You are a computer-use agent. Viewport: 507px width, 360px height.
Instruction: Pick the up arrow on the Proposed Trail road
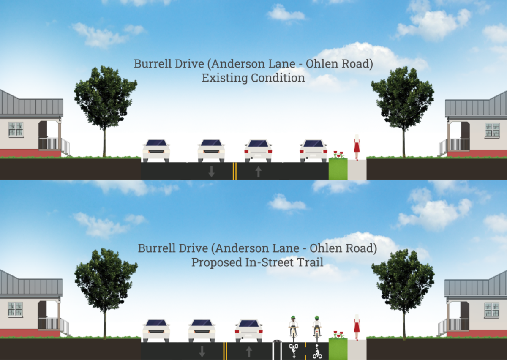point(249,351)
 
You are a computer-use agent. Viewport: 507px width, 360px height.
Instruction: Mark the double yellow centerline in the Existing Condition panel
point(234,171)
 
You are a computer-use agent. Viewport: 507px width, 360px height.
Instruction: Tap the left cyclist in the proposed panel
point(293,326)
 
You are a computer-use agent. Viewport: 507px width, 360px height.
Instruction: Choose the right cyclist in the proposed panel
point(317,326)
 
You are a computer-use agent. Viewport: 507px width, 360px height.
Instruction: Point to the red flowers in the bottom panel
point(338,334)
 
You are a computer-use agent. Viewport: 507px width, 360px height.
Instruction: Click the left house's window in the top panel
point(16,129)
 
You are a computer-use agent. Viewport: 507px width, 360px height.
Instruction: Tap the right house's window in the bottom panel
point(491,310)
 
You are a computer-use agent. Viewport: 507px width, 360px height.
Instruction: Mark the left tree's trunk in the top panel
point(104,139)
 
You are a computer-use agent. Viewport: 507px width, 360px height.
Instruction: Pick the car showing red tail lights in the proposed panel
point(249,330)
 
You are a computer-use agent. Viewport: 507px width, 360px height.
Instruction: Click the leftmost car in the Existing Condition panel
point(156,150)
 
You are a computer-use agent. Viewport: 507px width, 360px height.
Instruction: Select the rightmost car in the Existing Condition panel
point(313,150)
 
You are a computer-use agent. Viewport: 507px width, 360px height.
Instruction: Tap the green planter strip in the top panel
point(338,169)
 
